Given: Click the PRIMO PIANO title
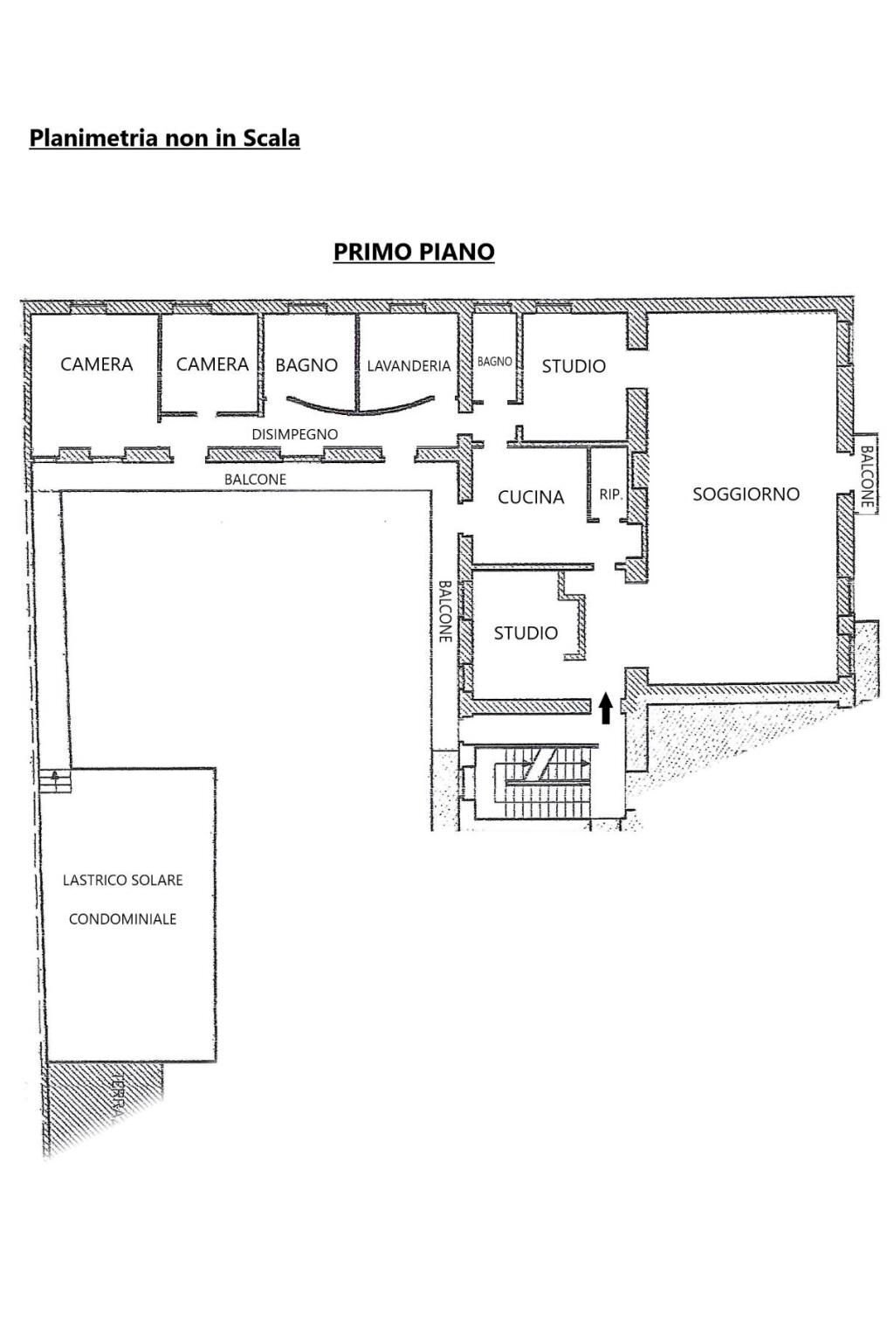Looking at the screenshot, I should coord(414,252).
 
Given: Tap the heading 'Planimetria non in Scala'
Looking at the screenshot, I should coord(164,138).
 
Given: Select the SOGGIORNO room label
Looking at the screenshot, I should coord(746,495).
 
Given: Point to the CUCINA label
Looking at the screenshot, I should coord(531,497).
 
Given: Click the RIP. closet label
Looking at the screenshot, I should coord(610,495).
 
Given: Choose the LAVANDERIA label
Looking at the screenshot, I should coord(409,366).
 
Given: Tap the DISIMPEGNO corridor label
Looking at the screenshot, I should coord(294,434).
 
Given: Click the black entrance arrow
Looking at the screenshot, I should coord(605,706).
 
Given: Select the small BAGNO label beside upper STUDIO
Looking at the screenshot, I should coord(494,362).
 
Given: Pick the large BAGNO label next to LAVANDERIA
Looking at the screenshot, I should coord(306,365).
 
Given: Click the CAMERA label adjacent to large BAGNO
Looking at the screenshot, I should coord(212,364).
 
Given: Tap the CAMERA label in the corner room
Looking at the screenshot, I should coord(96,364).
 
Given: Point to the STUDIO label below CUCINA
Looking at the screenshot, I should coord(526,633).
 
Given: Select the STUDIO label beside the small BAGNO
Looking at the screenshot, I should coord(574,366).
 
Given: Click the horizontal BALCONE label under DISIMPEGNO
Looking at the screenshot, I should coord(255,480).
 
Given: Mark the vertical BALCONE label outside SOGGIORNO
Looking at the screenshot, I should coord(866,477).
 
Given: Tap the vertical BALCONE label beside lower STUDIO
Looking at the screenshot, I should coord(444,612).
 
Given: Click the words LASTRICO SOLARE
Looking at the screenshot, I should coord(122,880).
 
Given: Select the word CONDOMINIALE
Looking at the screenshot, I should coord(122,919).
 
